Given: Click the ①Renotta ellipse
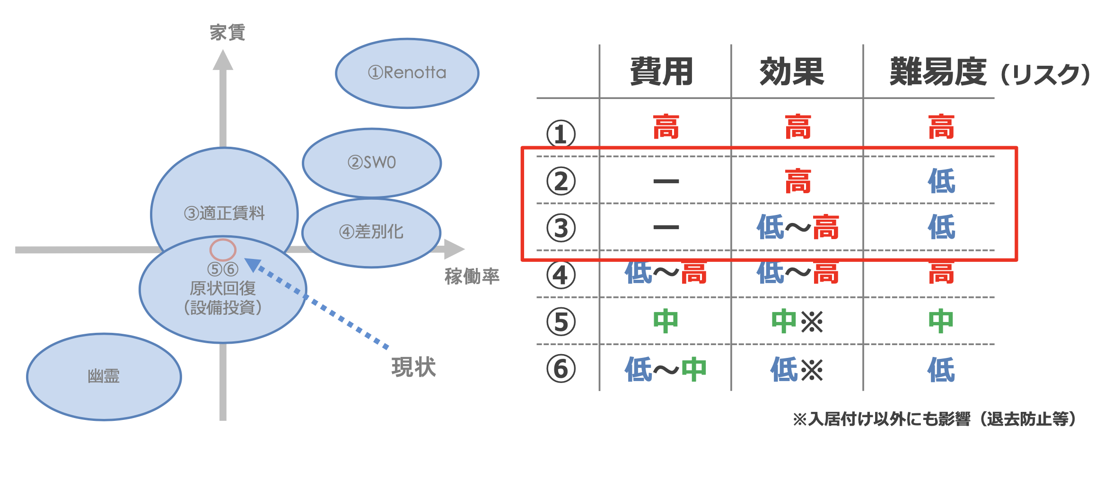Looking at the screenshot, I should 407,73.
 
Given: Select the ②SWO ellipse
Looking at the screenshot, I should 372,162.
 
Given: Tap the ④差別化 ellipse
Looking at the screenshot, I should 371,232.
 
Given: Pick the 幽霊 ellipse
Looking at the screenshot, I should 104,376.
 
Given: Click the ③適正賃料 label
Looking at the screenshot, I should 224,213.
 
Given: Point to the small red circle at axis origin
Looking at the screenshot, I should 223,249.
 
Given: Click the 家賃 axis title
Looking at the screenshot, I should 228,33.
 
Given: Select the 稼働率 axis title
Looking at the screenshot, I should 472,276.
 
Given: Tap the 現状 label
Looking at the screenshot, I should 413,367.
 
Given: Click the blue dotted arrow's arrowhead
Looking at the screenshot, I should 252,265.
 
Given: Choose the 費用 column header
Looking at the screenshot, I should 661,72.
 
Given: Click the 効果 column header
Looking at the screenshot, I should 792,72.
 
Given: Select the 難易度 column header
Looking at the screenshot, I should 938,72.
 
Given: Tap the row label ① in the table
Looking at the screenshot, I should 561,134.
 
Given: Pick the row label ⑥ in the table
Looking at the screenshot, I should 561,369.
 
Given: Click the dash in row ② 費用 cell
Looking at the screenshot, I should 666,181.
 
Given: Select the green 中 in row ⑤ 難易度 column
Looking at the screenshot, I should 941,321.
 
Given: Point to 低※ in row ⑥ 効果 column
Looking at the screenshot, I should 797,369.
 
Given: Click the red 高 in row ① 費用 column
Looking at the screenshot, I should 666,127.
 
